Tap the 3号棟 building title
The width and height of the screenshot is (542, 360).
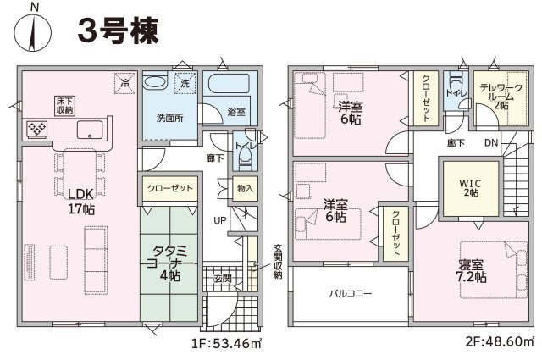click(x=118, y=30)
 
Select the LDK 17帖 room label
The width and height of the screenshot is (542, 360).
click(x=81, y=202)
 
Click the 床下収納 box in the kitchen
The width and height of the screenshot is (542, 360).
click(x=65, y=106)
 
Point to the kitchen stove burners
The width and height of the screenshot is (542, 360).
click(x=37, y=129)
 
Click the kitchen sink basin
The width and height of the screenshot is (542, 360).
click(x=90, y=130)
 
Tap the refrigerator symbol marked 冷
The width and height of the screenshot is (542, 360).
click(x=124, y=83)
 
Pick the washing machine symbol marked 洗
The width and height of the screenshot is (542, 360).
click(x=185, y=83)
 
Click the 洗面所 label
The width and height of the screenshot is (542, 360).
click(x=169, y=119)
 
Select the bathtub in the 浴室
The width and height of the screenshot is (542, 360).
click(x=229, y=83)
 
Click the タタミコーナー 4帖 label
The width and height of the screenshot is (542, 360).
click(x=170, y=263)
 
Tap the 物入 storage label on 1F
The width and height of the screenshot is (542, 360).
click(x=245, y=189)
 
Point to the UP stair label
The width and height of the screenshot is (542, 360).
click(x=220, y=220)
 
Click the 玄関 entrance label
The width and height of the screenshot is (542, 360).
click(x=222, y=278)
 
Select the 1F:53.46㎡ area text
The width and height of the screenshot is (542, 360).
click(x=226, y=343)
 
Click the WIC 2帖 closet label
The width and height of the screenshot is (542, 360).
click(x=471, y=188)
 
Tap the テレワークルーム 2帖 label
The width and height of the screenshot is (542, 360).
click(x=501, y=97)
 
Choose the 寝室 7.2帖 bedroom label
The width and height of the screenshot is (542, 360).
click(x=471, y=271)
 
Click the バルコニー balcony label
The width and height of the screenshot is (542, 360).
click(x=351, y=294)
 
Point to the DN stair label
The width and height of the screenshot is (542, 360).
click(x=491, y=142)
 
